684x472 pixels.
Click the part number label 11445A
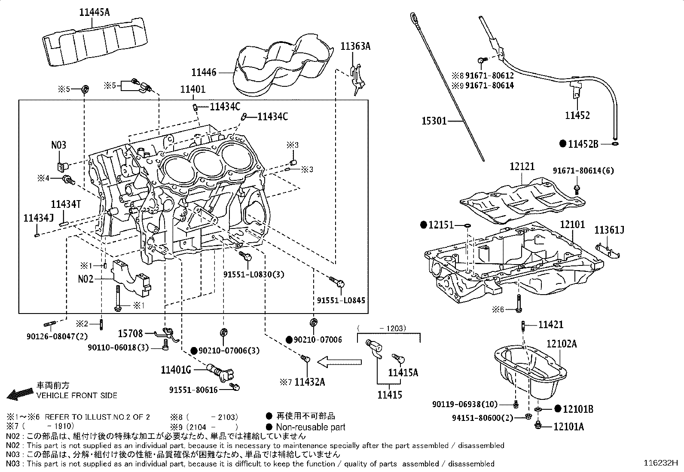pos(94,12)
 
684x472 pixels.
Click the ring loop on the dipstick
pos(414,17)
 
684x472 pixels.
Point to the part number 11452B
pos(583,144)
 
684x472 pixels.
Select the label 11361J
pos(609,231)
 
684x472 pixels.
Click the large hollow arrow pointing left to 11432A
pos(339,362)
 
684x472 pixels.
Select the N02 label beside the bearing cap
pos(85,279)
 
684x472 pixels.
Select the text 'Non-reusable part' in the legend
pos(310,427)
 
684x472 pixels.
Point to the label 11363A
pos(355,46)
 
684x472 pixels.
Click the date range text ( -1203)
pos(381,329)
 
